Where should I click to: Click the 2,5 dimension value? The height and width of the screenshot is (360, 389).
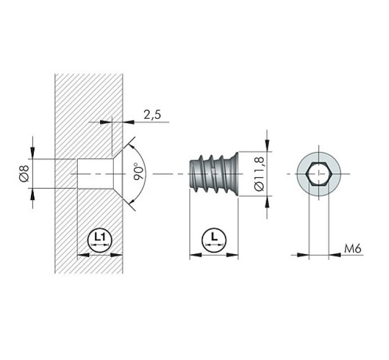point(152,115)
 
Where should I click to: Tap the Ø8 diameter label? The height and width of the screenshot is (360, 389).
point(24,173)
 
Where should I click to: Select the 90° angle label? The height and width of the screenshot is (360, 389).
point(138,171)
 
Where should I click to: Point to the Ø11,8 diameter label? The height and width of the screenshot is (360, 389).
point(259,174)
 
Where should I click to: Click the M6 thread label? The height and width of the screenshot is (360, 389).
point(352,248)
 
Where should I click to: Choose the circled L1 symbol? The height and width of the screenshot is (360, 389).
point(100,240)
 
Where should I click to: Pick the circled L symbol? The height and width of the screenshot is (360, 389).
point(214,240)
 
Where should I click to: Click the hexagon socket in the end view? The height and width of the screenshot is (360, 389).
point(319,174)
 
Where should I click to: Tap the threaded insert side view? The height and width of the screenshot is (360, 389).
point(214,174)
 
